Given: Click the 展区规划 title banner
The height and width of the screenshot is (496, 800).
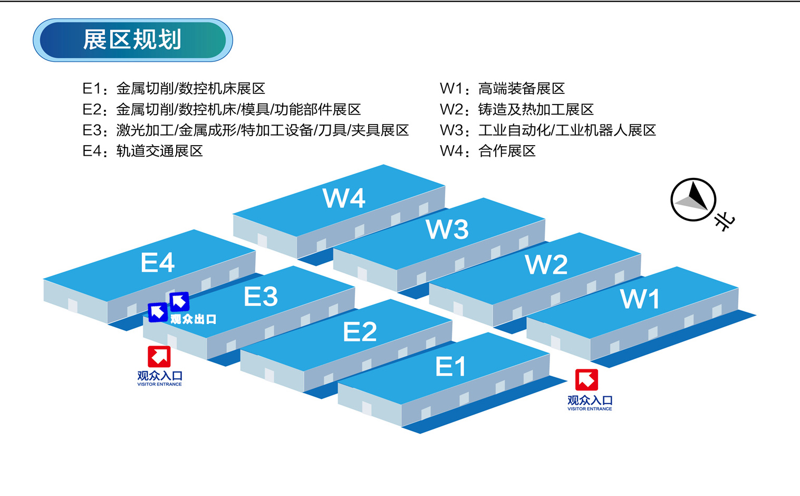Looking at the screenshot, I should pos(132,40).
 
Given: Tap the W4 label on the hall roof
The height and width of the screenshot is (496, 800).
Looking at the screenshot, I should pos(344,198).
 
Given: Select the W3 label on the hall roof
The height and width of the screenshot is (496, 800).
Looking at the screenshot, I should pos(447,230).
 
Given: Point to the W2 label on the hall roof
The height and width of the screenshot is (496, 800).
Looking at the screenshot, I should pos(546,264).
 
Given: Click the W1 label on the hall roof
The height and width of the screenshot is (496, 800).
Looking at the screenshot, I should pos(640,299).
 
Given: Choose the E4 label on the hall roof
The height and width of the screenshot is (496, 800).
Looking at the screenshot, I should pos(158,263).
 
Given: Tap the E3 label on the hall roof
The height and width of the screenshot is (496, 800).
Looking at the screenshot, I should pos(261,297).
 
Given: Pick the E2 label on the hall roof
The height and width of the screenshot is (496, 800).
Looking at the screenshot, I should pos(360,332).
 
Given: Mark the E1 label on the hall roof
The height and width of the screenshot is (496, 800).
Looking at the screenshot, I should pos(450,367).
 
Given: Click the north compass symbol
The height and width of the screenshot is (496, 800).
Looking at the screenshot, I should pos(693,200).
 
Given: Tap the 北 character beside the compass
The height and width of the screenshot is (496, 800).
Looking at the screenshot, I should pos(725,221).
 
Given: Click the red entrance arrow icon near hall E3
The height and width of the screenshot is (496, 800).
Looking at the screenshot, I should pos(159,357).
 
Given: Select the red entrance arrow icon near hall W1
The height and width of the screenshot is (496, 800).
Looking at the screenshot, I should pos(586,380).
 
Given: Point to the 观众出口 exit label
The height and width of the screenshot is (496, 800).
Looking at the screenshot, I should pos(194,319).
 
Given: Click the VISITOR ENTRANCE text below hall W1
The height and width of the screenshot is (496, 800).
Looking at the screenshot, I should pos(590,409).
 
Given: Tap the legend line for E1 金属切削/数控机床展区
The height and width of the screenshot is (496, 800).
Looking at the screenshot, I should pos(174,89).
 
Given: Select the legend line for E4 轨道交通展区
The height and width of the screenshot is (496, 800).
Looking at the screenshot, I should pos(143,151).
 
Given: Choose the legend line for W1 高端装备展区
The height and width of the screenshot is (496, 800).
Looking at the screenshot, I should pos(502,89).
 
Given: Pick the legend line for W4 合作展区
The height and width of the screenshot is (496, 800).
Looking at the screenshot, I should pos(488,151).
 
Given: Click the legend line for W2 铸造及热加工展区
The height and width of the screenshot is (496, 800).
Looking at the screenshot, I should pos(517,110).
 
